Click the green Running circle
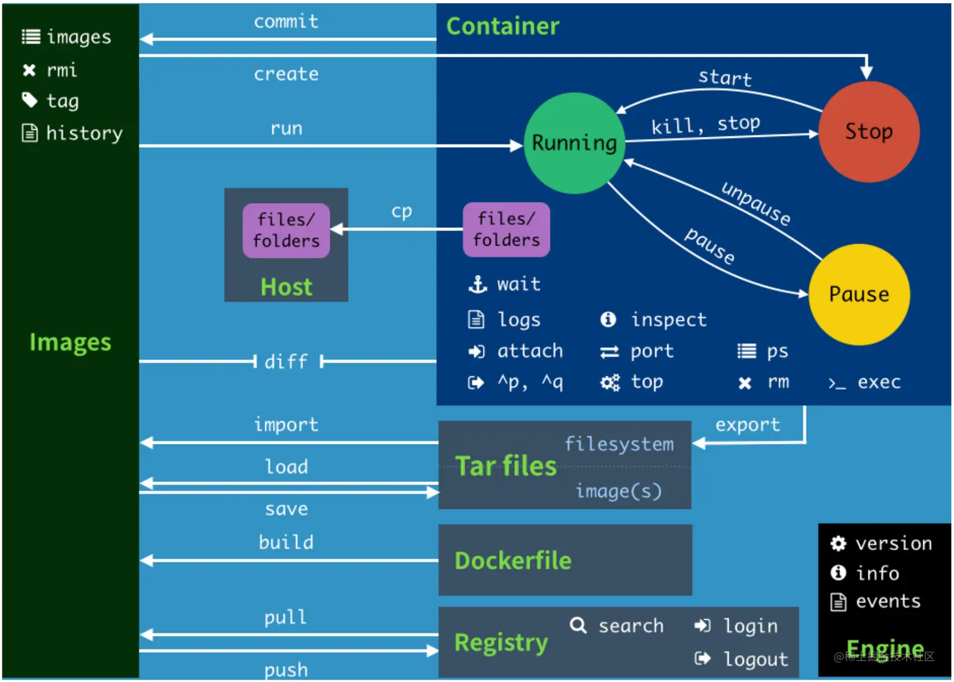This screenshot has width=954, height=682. (x=574, y=143)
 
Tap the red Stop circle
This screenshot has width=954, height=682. (x=868, y=131)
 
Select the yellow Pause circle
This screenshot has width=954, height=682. (x=859, y=295)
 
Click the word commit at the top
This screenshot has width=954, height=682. (x=286, y=21)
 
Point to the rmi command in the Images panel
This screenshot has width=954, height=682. (x=61, y=70)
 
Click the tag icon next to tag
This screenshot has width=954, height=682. (x=30, y=100)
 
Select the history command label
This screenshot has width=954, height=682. (x=84, y=133)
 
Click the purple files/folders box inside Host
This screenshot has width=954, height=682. (x=286, y=230)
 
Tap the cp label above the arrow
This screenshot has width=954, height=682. (x=401, y=211)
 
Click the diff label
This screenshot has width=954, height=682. (x=286, y=362)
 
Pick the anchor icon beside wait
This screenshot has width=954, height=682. (x=477, y=285)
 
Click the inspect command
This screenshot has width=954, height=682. (x=668, y=320)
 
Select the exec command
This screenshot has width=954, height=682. (x=878, y=382)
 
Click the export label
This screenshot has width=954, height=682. (x=747, y=425)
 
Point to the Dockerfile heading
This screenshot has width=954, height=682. (x=512, y=561)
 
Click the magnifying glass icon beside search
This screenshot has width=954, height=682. (x=578, y=625)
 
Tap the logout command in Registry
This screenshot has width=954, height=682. (x=755, y=659)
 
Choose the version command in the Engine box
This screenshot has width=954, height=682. (x=893, y=543)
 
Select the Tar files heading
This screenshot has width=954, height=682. (x=505, y=466)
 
